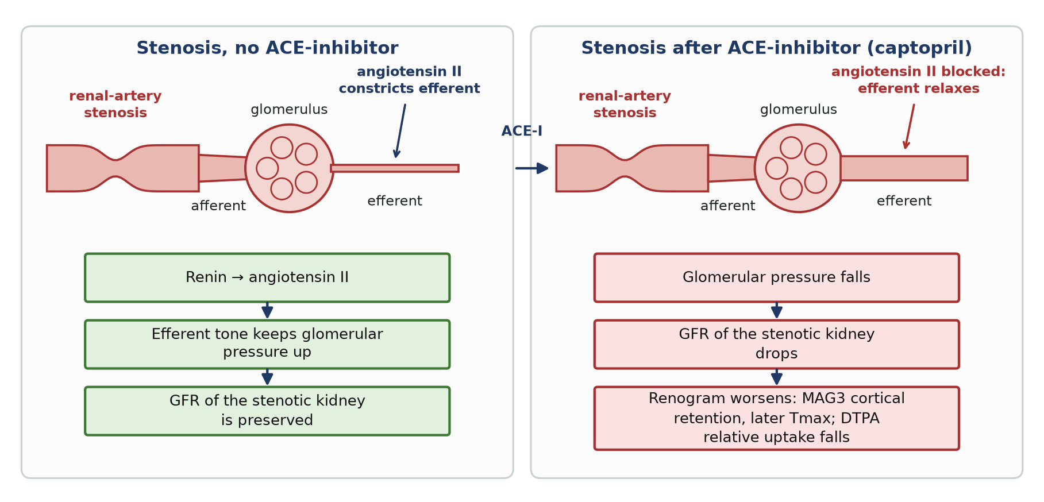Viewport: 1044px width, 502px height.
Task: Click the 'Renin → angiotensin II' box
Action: tap(267, 277)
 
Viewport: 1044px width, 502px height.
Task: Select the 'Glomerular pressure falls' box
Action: tap(776, 277)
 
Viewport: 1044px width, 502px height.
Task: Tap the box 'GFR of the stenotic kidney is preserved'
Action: tap(267, 411)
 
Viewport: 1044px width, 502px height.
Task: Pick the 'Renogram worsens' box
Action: tap(776, 418)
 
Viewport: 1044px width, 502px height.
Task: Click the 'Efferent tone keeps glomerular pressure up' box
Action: tap(267, 344)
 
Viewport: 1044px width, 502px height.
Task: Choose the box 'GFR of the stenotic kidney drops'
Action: tap(776, 344)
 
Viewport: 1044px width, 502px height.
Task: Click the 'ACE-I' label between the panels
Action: tap(522, 131)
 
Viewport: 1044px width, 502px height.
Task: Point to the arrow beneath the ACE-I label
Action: tap(531, 168)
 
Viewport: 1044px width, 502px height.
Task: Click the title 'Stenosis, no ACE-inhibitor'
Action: tap(267, 48)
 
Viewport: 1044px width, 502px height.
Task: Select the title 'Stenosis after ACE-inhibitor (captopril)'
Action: tap(776, 48)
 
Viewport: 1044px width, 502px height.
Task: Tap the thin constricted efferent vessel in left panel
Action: tap(395, 168)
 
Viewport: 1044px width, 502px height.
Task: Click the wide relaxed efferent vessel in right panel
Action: tap(904, 168)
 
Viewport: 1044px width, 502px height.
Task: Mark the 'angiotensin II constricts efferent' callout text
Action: tap(409, 80)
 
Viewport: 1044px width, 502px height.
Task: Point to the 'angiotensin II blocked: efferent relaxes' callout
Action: tap(918, 80)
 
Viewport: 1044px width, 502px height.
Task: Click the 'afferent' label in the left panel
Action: tap(218, 206)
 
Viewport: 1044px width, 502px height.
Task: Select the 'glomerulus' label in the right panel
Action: tap(799, 109)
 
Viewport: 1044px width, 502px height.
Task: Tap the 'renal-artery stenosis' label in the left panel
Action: tap(115, 104)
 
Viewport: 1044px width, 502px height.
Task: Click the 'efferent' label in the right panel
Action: tap(904, 201)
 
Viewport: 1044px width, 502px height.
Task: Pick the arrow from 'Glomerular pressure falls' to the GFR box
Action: tap(776, 310)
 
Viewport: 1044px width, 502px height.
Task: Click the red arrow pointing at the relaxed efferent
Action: tap(909, 127)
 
